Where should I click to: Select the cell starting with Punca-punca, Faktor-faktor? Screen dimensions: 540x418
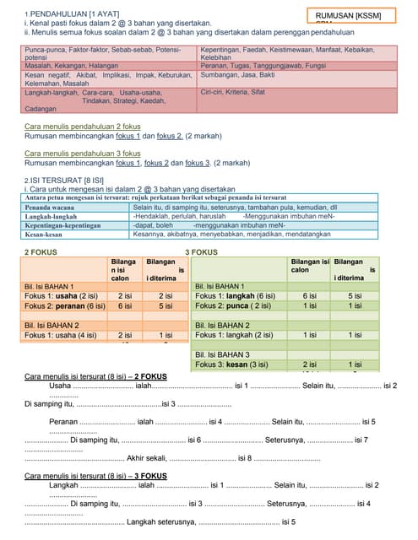[x=102, y=54]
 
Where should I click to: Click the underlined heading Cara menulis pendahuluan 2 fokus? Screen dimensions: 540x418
[x=83, y=126]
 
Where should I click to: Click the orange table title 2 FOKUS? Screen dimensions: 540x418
[x=41, y=251]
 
